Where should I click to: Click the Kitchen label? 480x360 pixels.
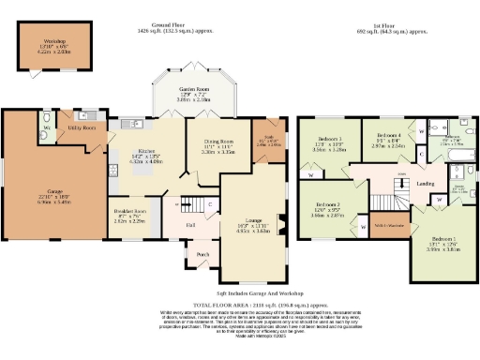coord(138,150)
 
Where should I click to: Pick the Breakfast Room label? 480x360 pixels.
coord(128,212)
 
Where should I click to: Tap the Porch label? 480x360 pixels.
coord(200,254)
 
